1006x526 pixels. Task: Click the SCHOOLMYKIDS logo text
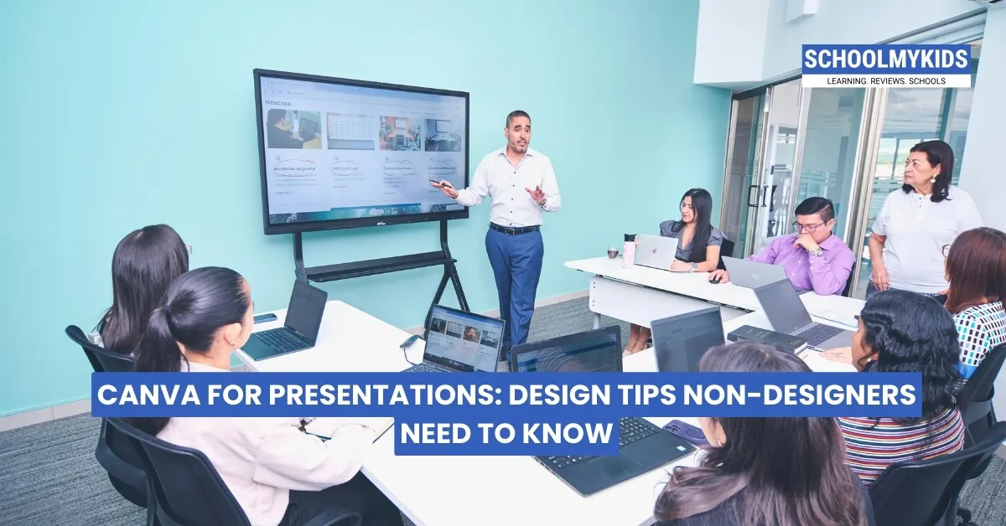886,60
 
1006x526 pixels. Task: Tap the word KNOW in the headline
568,434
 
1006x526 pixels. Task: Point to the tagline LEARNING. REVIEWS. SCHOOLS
886,80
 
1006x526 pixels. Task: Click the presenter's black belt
514,229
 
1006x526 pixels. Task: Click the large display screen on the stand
361,151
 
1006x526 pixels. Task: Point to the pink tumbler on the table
629,250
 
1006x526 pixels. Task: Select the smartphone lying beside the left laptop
265,318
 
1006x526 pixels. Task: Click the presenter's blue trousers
513,276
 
